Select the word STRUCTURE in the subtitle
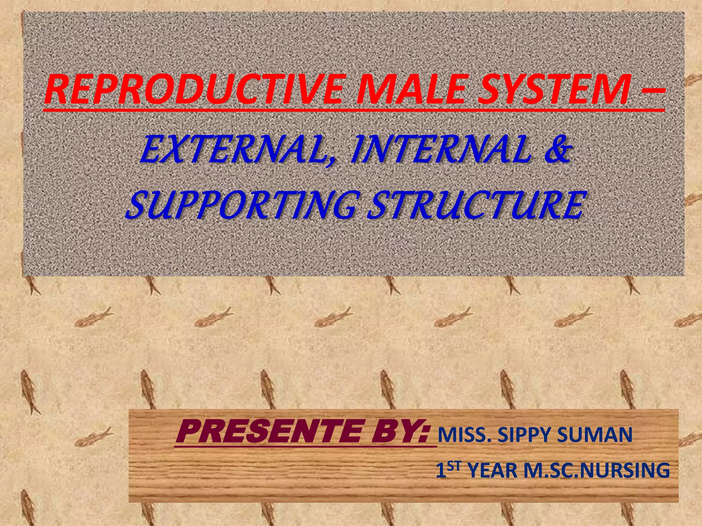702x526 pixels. [x=475, y=205]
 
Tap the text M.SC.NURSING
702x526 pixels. [x=596, y=471]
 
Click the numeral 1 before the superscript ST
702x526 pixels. [x=441, y=471]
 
